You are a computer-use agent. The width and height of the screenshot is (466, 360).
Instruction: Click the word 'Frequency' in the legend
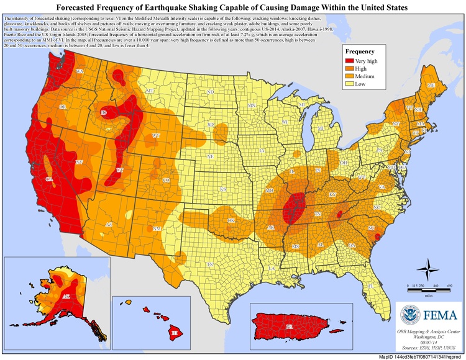click(x=360, y=52)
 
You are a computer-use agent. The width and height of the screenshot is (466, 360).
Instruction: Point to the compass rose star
click(x=427, y=271)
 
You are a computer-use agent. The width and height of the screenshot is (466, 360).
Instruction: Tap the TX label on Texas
click(x=211, y=264)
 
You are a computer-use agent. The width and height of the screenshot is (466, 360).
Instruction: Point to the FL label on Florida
click(x=370, y=286)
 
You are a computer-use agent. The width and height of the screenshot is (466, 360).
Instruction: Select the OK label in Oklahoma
click(x=231, y=220)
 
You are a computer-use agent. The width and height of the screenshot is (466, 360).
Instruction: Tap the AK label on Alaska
click(x=66, y=296)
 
